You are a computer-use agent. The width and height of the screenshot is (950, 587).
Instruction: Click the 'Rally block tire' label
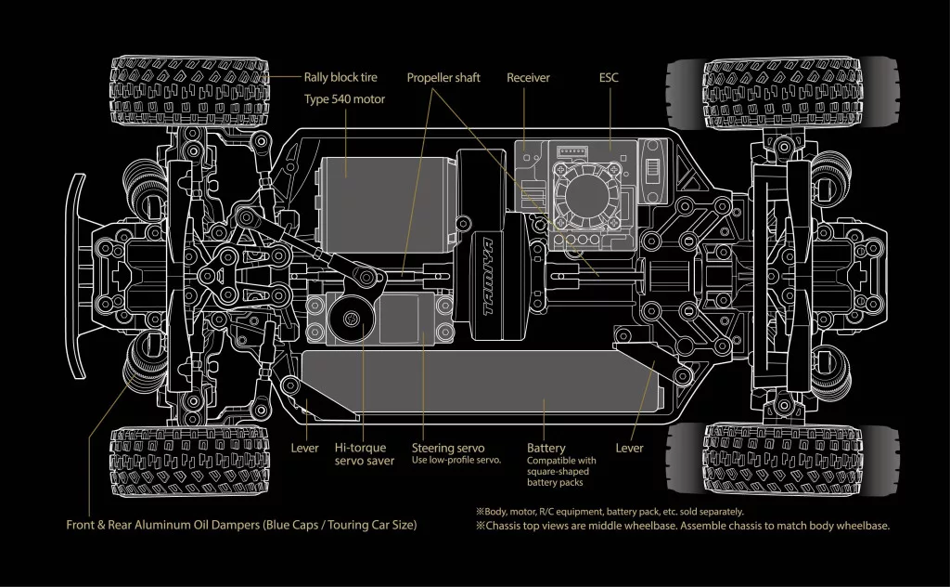tap(340, 78)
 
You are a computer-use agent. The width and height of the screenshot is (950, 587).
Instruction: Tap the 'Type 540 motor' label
tap(344, 98)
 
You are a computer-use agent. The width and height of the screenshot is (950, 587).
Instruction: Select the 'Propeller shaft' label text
tap(443, 78)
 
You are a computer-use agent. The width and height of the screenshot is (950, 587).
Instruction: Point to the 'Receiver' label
tap(528, 78)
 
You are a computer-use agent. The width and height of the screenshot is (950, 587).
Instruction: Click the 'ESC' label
tap(609, 78)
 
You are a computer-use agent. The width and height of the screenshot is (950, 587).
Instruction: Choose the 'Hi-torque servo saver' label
tap(365, 454)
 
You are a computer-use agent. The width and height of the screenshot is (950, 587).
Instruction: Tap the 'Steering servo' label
tap(448, 449)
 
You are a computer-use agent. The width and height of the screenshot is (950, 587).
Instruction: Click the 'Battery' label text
tap(546, 449)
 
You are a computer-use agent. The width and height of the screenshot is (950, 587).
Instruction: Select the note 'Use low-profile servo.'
tap(456, 461)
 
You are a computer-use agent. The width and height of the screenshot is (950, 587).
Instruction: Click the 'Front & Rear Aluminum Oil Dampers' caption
tap(241, 525)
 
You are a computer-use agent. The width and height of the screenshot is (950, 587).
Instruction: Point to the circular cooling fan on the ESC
tap(587, 193)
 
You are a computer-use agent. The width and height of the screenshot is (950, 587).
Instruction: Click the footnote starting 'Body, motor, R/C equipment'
tap(610, 511)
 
